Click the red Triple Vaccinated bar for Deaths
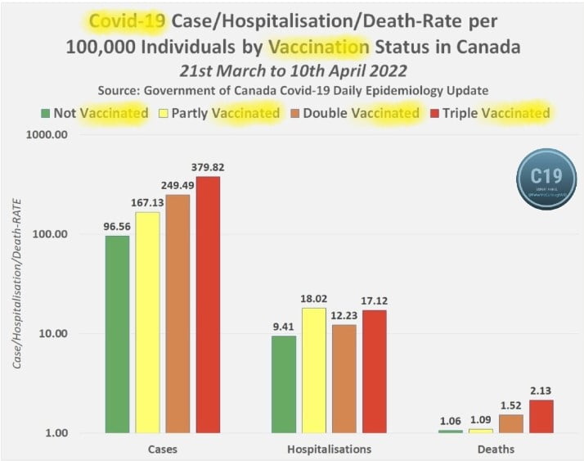(x=541, y=416)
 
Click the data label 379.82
(x=208, y=167)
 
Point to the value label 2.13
(x=541, y=391)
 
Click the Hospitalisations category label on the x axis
(x=329, y=450)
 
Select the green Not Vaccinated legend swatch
(x=45, y=113)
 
